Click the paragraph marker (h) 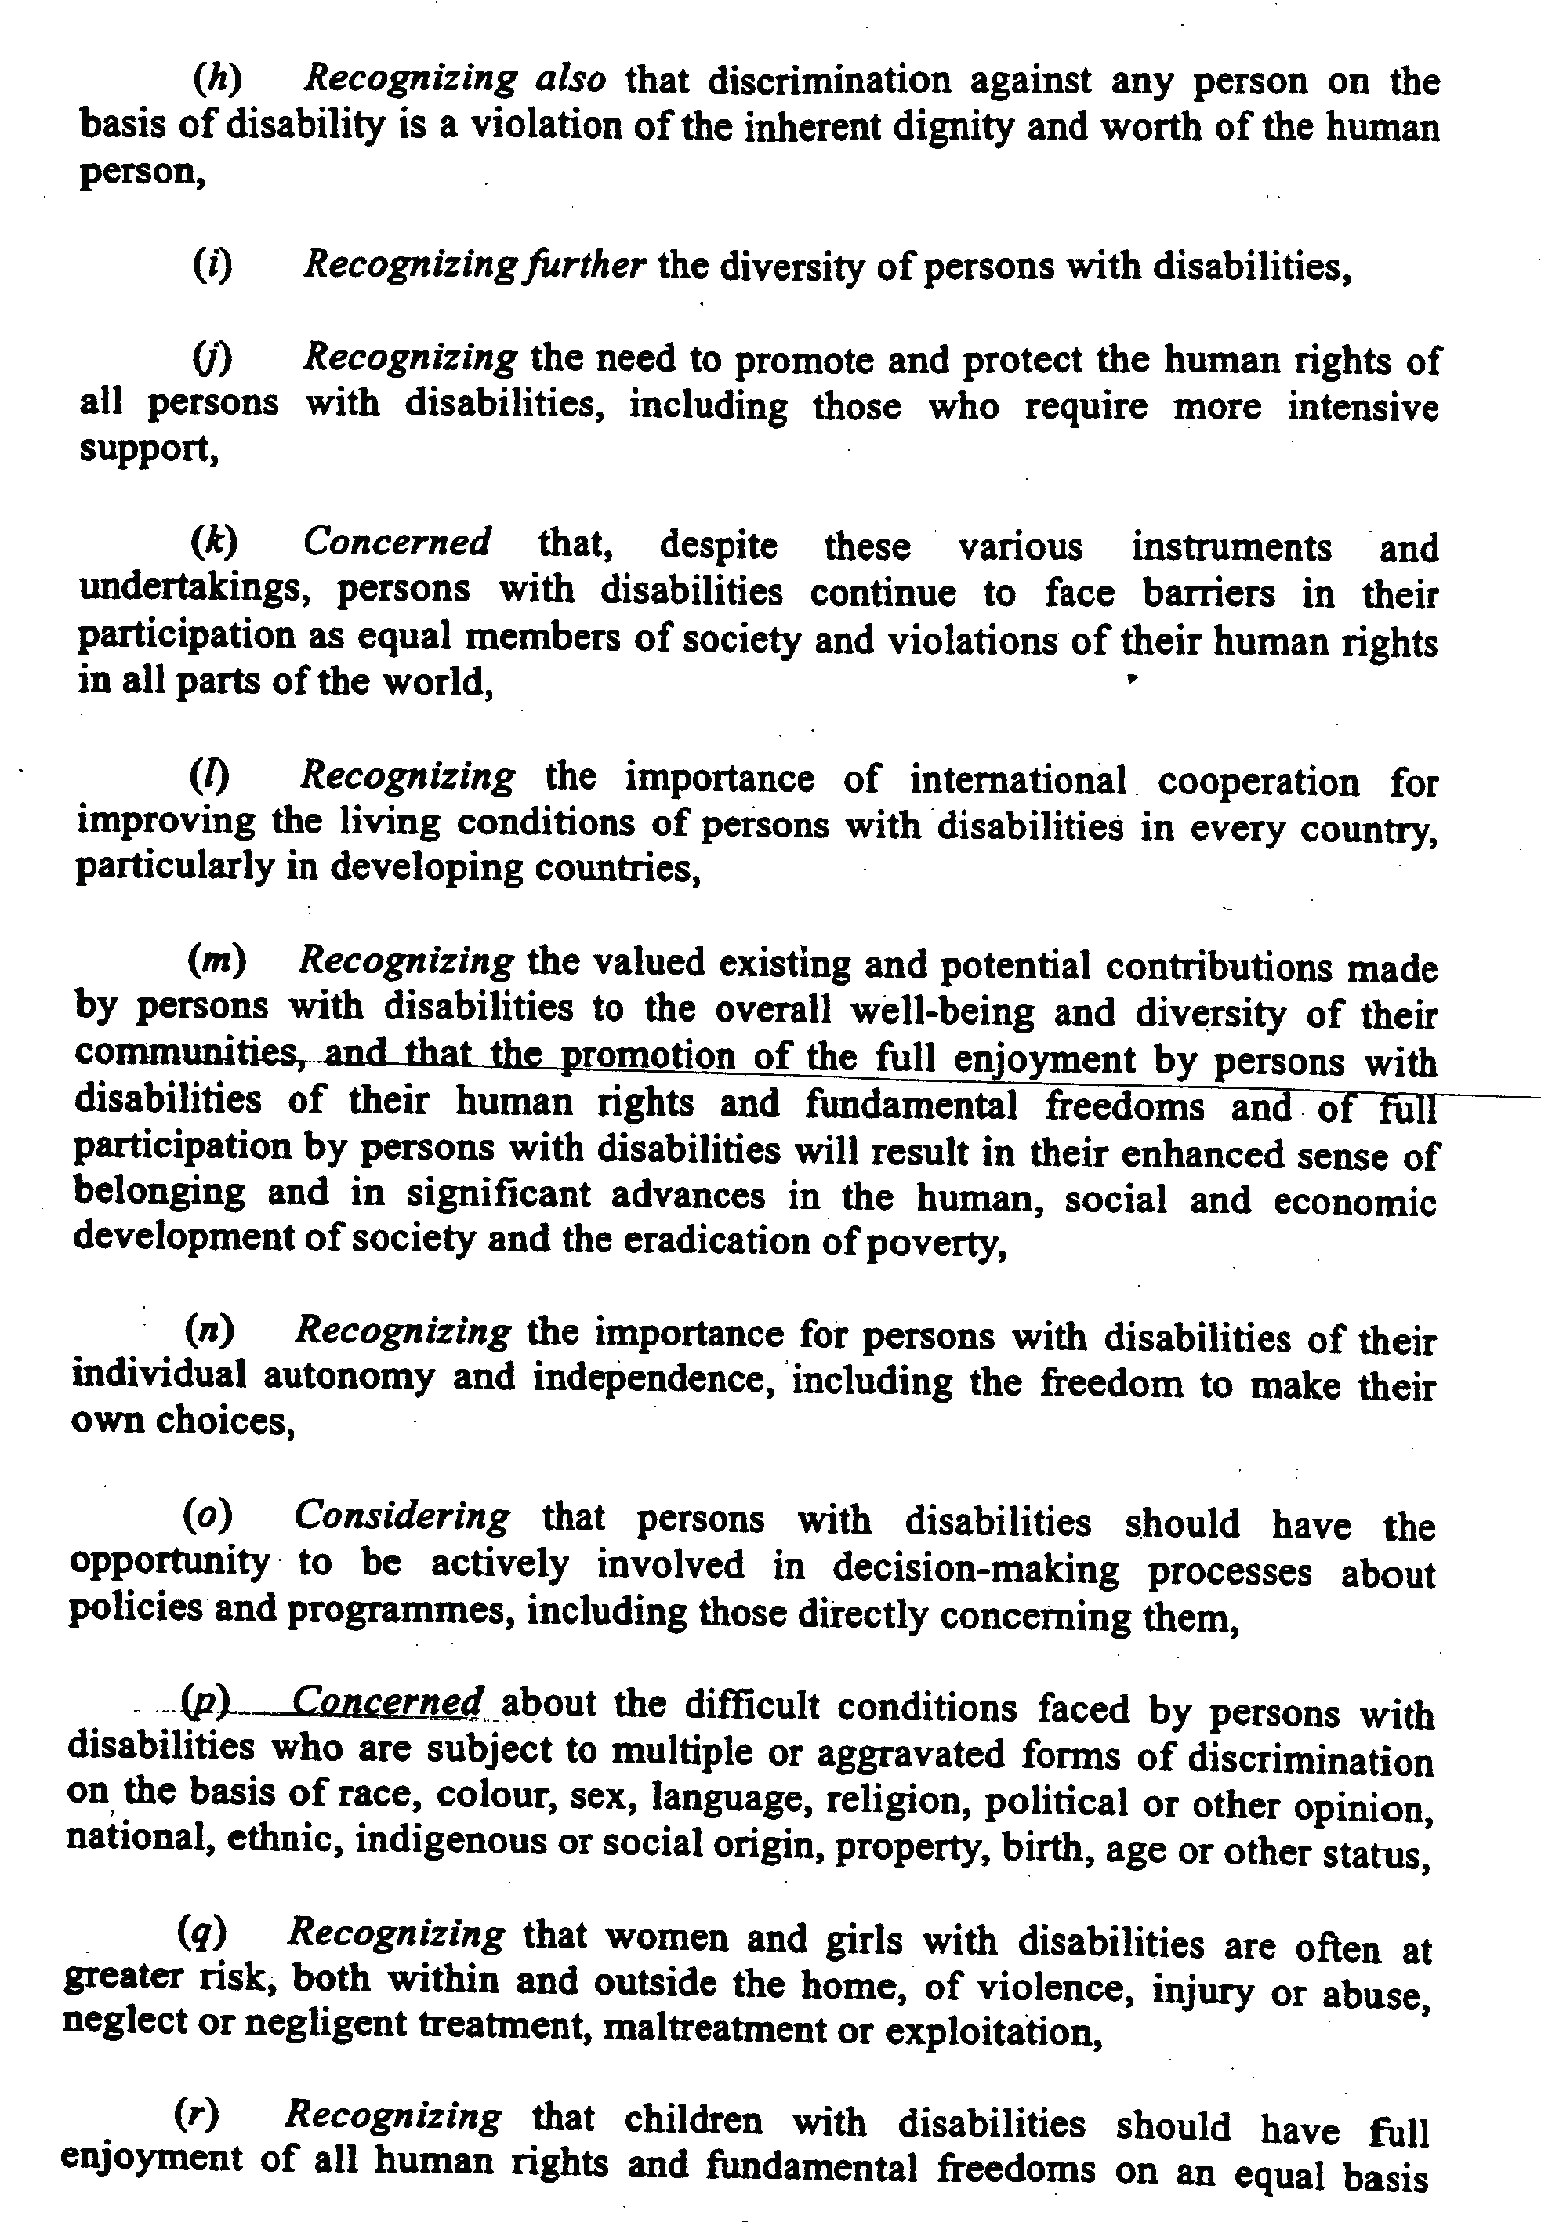(x=217, y=78)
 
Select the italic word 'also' (x=570, y=78)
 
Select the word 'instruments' (x=1231, y=546)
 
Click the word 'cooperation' (x=1258, y=780)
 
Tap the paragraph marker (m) (x=216, y=960)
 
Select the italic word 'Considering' (x=401, y=1516)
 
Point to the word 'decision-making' (x=975, y=1567)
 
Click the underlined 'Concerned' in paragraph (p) (x=387, y=1700)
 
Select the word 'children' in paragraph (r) (x=693, y=2121)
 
